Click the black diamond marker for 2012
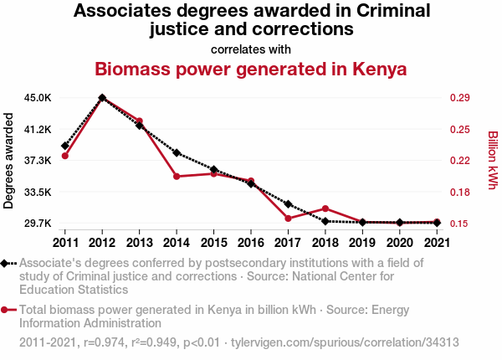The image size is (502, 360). pyautogui.click(x=102, y=98)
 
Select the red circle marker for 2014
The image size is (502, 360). pyautogui.click(x=177, y=177)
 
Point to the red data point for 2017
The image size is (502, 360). pyautogui.click(x=288, y=219)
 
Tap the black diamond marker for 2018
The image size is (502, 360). pyautogui.click(x=325, y=221)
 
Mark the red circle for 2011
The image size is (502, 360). pyautogui.click(x=64, y=156)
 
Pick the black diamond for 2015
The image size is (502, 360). pyautogui.click(x=213, y=170)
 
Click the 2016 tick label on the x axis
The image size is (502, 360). pyautogui.click(x=250, y=242)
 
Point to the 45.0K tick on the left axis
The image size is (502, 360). pyautogui.click(x=37, y=98)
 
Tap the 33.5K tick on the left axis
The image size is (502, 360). pyautogui.click(x=37, y=192)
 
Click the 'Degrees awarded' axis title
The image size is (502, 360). pyautogui.click(x=9, y=161)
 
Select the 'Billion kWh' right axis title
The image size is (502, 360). pyautogui.click(x=492, y=159)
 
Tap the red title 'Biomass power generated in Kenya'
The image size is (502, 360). pyautogui.click(x=250, y=69)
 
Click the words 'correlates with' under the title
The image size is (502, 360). pyautogui.click(x=250, y=49)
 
